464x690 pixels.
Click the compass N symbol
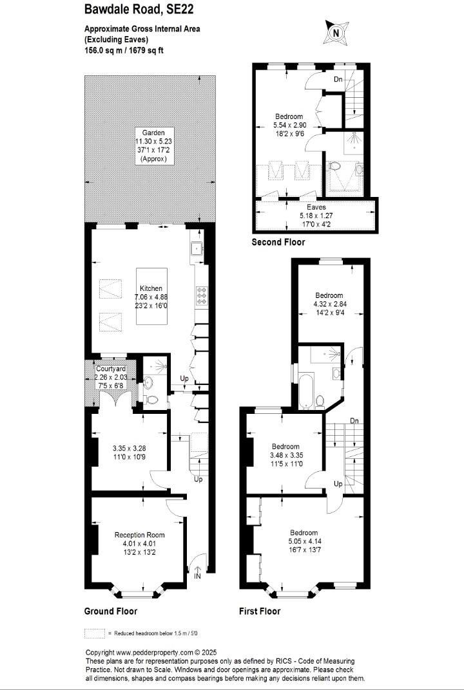pyautogui.click(x=336, y=33)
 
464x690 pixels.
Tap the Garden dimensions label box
pyautogui.click(x=153, y=145)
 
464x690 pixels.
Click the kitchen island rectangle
pyautogui.click(x=151, y=296)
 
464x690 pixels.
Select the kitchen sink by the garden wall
pyautogui.click(x=196, y=249)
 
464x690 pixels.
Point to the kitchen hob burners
pyautogui.click(x=201, y=295)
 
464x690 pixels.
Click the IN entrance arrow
pyautogui.click(x=197, y=571)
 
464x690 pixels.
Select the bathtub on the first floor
pyautogui.click(x=306, y=390)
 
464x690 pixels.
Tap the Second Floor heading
pyautogui.click(x=278, y=242)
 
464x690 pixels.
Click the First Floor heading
pyautogui.click(x=260, y=611)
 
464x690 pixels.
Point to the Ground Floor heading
pyautogui.click(x=111, y=611)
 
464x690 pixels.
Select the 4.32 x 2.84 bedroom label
pyautogui.click(x=329, y=303)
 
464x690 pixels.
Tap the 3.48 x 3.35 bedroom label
pyautogui.click(x=285, y=454)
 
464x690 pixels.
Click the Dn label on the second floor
pyautogui.click(x=338, y=80)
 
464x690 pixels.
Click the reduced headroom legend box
pyautogui.click(x=95, y=633)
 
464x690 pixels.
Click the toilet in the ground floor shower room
pyautogui.click(x=152, y=400)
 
